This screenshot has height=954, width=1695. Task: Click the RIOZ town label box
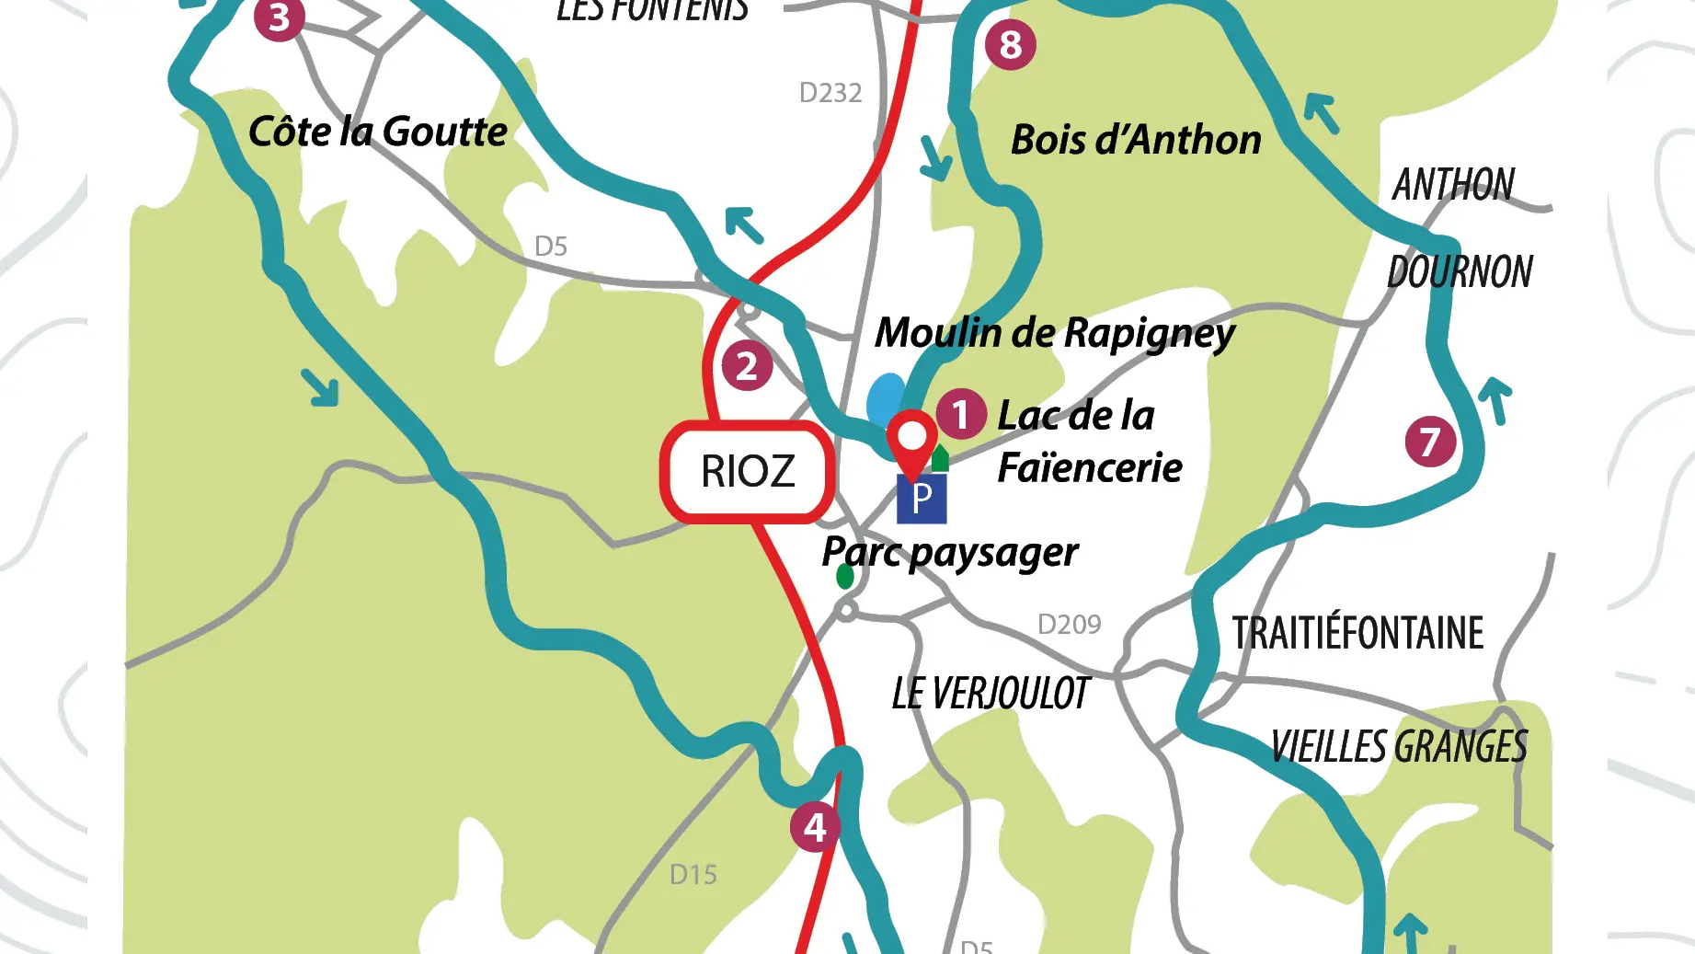[748, 472]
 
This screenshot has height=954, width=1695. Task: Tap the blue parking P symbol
[922, 499]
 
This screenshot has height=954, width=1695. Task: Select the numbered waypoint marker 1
[961, 414]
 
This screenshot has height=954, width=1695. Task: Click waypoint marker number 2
[747, 366]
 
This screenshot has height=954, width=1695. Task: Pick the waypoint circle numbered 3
[280, 17]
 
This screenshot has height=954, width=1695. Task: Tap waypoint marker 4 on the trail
[815, 827]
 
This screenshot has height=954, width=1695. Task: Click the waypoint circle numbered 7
[1430, 442]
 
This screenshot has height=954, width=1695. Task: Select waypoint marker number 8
[1010, 44]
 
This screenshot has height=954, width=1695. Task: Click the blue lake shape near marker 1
[886, 397]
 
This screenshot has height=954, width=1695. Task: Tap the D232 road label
[830, 93]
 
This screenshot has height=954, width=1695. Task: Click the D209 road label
[1069, 625]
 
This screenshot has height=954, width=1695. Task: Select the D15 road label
[693, 875]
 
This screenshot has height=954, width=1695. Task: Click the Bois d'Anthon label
[1136, 140]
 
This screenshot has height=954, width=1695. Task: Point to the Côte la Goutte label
[378, 132]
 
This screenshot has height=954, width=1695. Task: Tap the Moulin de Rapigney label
[1055, 333]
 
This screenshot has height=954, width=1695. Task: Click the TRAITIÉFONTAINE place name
[1357, 634]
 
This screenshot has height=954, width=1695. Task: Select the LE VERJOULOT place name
[991, 694]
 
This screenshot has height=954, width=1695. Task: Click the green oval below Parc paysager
[845, 577]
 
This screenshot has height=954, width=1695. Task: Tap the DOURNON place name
[1460, 272]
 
